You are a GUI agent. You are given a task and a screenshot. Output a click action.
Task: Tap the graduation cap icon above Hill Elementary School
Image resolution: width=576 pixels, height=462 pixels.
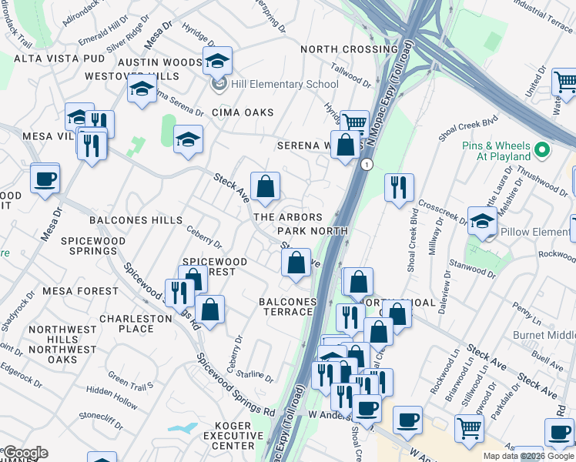click(217, 59)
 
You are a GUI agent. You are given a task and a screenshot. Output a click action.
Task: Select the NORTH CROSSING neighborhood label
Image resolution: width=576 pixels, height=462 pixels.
click(349, 49)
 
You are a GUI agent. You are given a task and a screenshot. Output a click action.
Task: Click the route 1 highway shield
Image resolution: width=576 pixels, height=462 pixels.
click(367, 165)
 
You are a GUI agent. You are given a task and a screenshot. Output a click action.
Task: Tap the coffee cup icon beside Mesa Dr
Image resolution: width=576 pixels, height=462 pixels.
click(45, 178)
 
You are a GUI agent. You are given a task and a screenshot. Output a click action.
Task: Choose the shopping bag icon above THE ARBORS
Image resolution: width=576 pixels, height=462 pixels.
click(265, 186)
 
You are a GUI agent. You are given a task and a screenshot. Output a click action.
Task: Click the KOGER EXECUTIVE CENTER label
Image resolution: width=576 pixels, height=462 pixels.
click(228, 436)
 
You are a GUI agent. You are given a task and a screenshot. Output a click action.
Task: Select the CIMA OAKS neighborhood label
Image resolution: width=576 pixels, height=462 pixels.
click(243, 112)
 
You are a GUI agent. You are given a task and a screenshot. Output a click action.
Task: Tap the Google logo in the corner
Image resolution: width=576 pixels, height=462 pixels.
click(25, 453)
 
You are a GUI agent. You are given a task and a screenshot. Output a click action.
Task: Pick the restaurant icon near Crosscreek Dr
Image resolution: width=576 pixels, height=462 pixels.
click(399, 187)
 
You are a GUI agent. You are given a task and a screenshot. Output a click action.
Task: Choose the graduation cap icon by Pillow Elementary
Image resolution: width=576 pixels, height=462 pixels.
click(482, 221)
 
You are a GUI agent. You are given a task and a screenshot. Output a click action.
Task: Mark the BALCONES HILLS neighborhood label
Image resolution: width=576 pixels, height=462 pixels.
click(136, 220)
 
